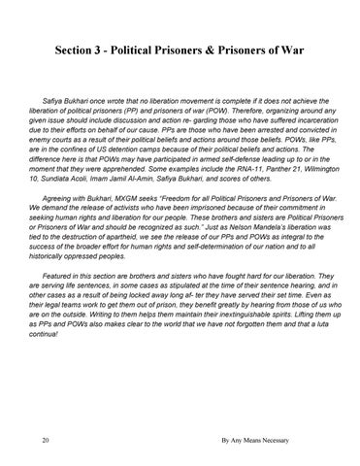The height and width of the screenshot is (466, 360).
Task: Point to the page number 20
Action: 34,440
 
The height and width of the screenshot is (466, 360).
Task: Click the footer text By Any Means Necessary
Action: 263,440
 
